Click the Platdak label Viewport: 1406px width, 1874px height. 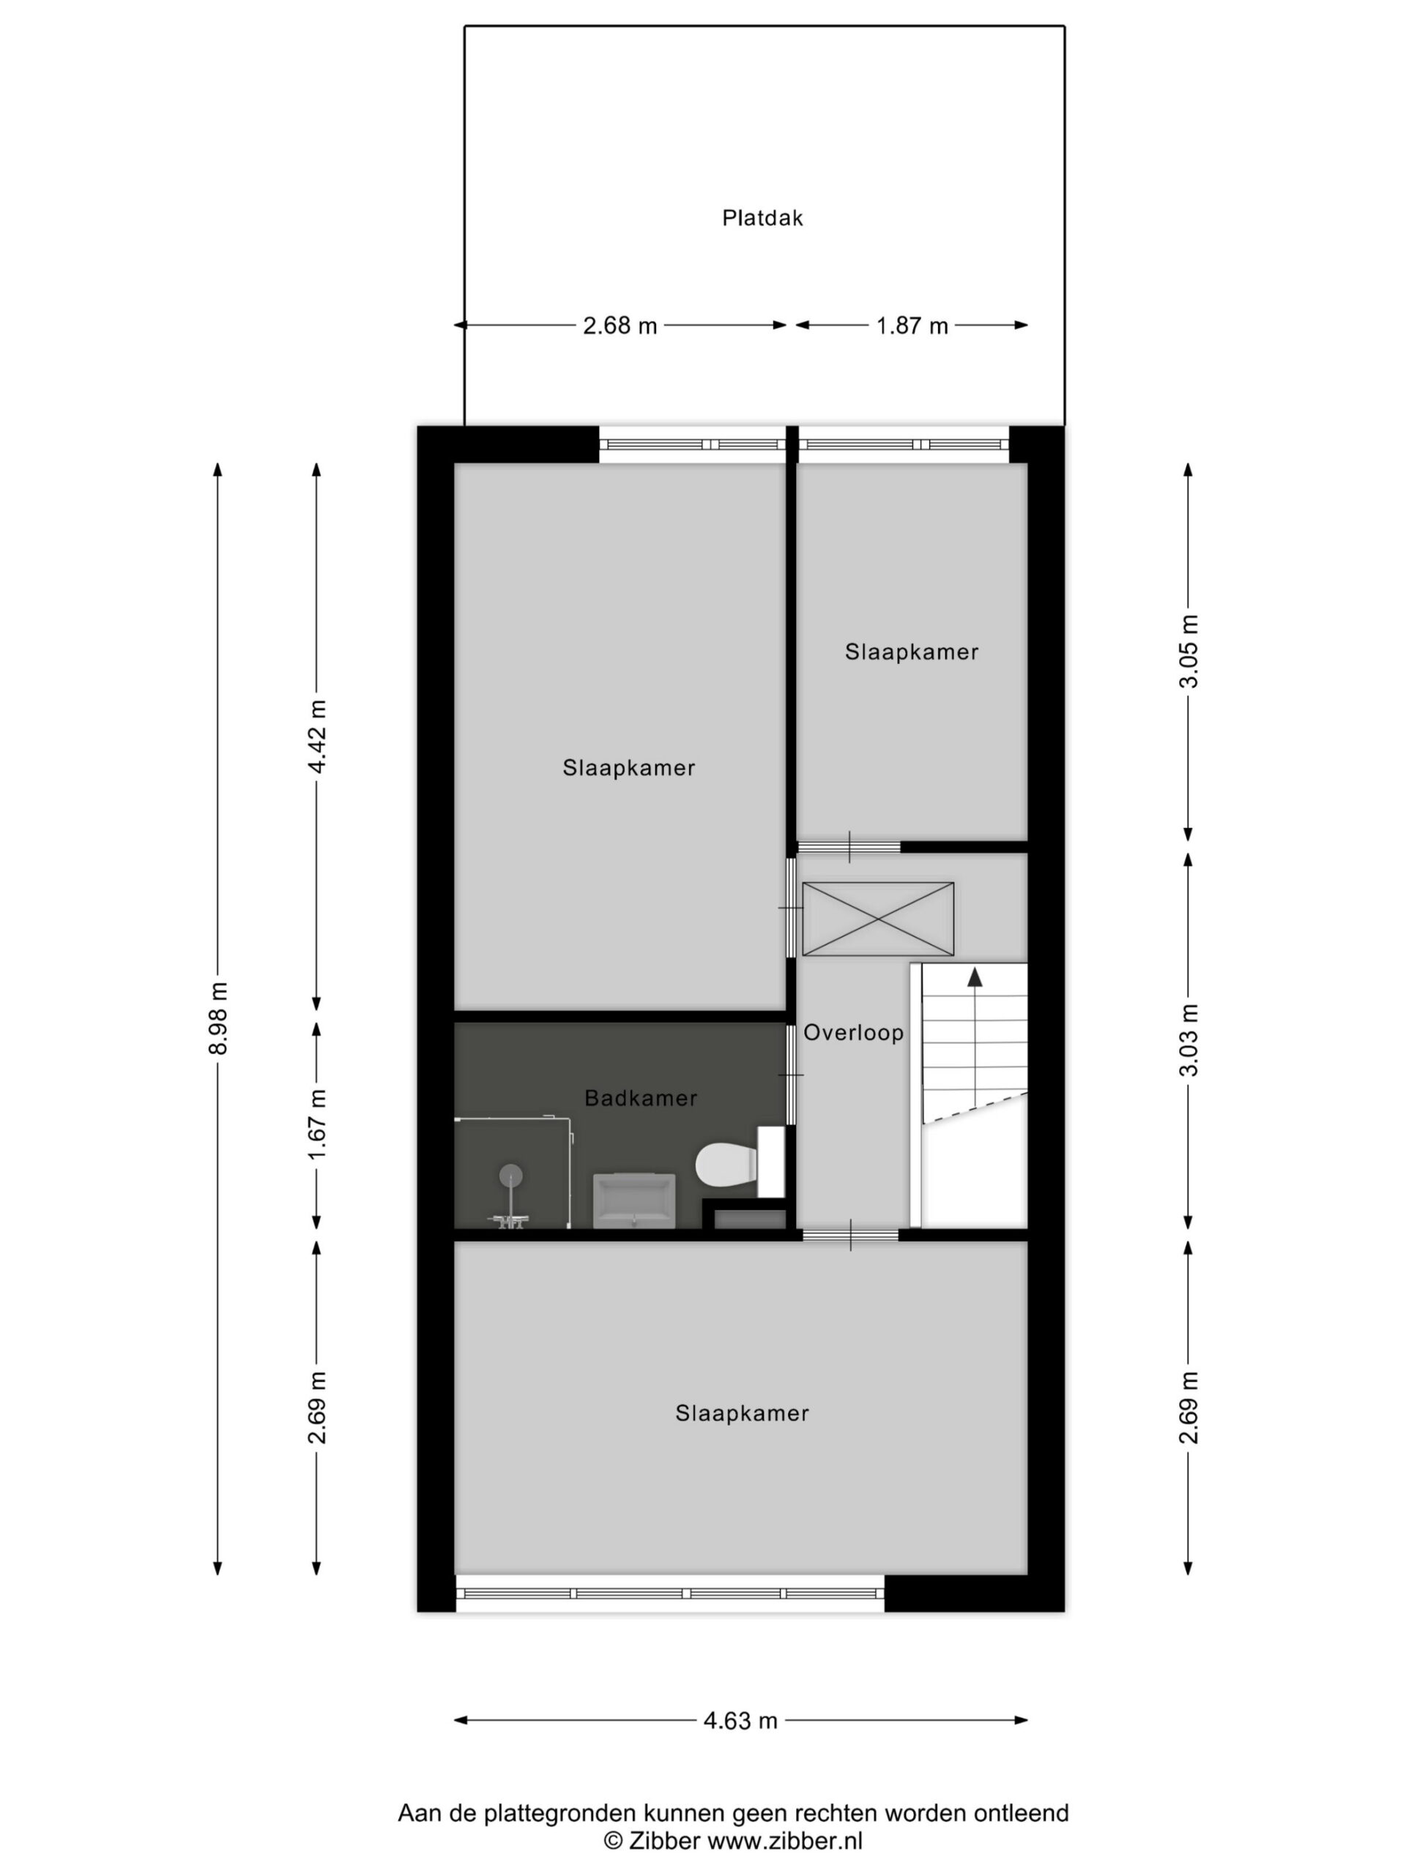pos(762,217)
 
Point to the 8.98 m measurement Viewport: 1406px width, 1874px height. pos(219,1018)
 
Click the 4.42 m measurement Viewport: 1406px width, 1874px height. pos(317,736)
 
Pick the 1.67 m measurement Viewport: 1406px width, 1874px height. pos(317,1125)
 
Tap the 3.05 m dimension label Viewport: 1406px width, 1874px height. pos(1189,652)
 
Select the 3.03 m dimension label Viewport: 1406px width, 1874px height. pos(1189,1039)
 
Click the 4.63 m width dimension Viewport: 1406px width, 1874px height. pos(740,1722)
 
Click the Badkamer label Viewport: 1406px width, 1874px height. pos(641,1098)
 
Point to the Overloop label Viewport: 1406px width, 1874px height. pos(853,1033)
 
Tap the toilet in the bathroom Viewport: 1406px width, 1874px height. pos(727,1164)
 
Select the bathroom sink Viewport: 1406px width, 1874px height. pos(634,1201)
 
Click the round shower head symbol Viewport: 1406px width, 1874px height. pos(510,1174)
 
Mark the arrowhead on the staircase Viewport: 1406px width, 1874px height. pos(975,977)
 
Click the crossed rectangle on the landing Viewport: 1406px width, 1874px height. pos(878,919)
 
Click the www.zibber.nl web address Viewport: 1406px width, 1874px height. pos(785,1840)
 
